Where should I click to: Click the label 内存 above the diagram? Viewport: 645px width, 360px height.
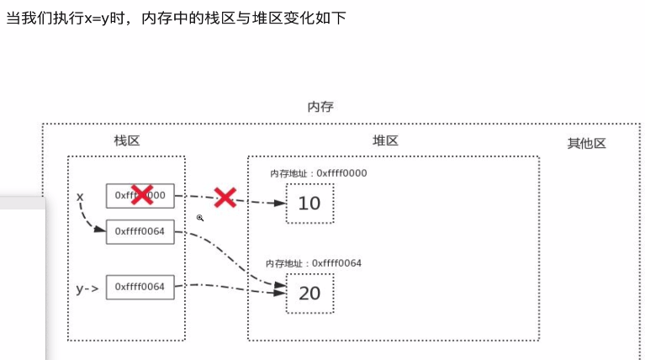coord(320,107)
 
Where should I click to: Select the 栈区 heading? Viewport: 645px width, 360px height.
coord(127,140)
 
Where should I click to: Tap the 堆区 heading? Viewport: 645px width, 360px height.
coord(385,140)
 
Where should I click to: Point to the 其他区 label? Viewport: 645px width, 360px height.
coord(586,143)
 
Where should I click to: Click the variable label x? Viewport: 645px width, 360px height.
coord(80,196)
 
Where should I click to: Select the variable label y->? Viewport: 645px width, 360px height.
coord(87,289)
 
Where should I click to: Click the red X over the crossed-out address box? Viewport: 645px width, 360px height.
coord(141,194)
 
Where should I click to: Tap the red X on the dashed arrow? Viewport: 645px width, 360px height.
coord(225,198)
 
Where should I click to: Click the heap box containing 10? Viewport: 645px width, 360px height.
coord(309,203)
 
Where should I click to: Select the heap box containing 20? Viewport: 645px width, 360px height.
coord(309,293)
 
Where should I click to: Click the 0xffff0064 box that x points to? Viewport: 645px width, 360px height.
coord(140,231)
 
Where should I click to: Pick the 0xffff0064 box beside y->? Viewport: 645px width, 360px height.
coord(140,287)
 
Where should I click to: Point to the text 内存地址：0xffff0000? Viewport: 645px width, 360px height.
coord(318,173)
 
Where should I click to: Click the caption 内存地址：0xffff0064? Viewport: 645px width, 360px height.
coord(313,263)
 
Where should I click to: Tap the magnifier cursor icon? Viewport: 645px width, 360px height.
coord(200,218)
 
